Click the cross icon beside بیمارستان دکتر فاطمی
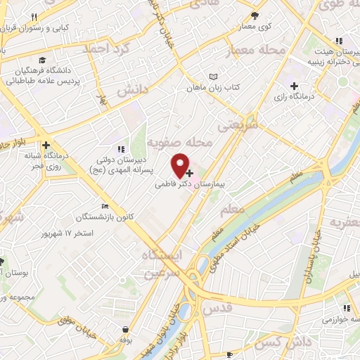pyautogui.click(x=190, y=172)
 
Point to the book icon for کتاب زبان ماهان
pyautogui.click(x=214, y=77)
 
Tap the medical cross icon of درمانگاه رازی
pyautogui.click(x=302, y=86)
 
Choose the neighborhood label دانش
pyautogui.click(x=131, y=91)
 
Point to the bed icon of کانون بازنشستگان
pyautogui.click(x=105, y=206)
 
